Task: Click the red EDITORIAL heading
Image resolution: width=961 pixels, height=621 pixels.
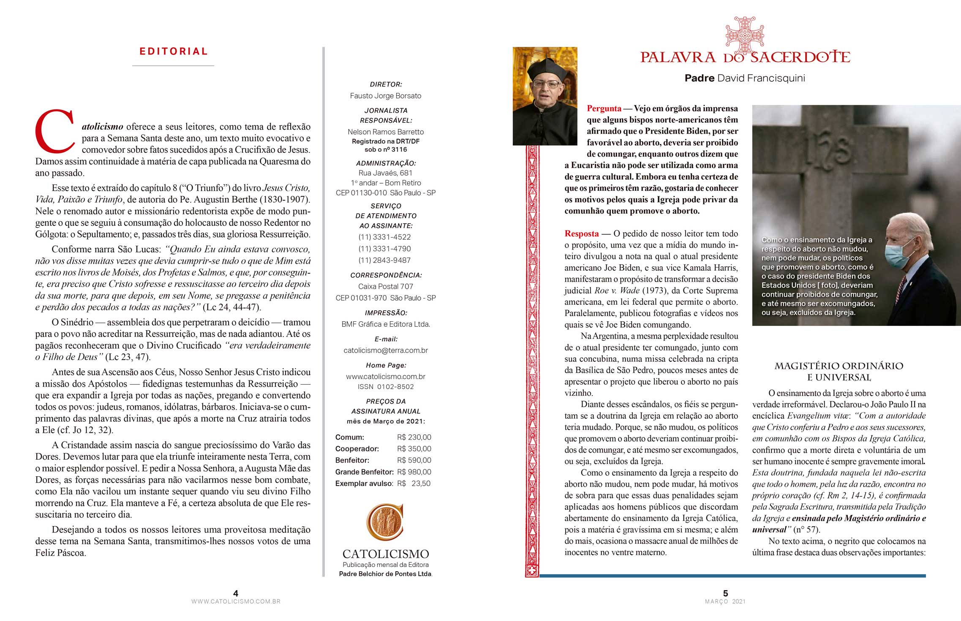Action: (x=174, y=52)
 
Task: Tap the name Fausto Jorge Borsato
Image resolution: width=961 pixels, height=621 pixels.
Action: (x=385, y=96)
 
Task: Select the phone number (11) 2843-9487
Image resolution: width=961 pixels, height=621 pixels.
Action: (x=384, y=260)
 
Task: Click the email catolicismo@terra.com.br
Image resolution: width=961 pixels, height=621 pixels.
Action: (x=386, y=350)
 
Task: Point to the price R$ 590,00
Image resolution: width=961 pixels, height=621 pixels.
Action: (x=414, y=460)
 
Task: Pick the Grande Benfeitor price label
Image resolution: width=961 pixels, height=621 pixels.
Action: (x=364, y=472)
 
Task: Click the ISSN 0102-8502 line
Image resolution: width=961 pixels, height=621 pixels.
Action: (x=386, y=387)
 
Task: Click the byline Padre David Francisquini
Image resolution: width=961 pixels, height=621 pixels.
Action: (x=745, y=78)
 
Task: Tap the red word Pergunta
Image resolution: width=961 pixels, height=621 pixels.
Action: (x=604, y=108)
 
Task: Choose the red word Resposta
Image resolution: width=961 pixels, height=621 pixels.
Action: (x=582, y=234)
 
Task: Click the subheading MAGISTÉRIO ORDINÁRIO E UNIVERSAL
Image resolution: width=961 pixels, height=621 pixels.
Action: (x=838, y=372)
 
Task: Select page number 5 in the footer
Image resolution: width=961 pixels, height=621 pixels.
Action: (x=725, y=593)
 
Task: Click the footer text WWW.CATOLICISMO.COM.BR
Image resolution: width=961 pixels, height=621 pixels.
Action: (x=236, y=602)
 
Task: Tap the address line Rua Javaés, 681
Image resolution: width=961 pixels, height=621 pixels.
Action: (x=385, y=173)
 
